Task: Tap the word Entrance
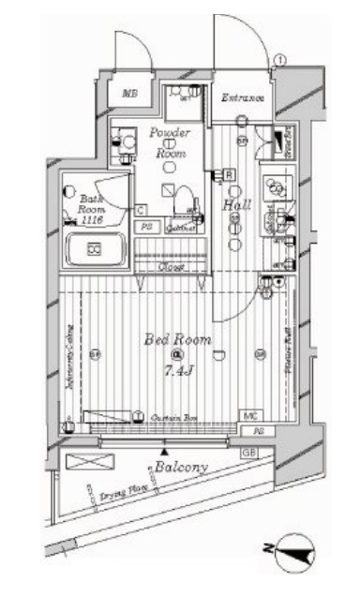point(242,97)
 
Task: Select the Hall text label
point(234,205)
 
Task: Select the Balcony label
point(181,466)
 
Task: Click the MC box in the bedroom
point(250,415)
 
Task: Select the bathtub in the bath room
point(94,249)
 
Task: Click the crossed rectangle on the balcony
point(85,462)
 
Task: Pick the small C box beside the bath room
point(139,210)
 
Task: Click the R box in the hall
point(229,174)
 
